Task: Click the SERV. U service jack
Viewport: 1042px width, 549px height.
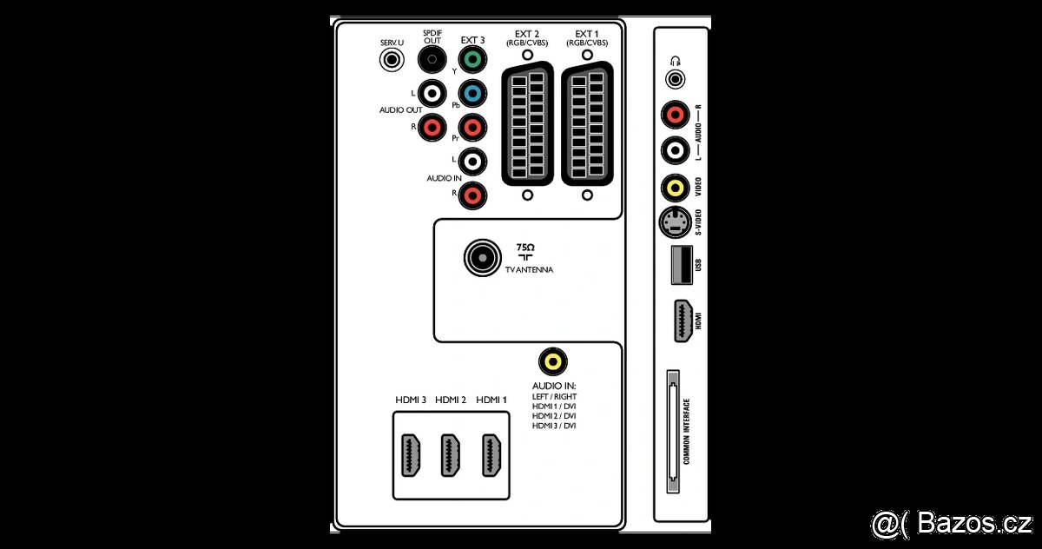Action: click(392, 60)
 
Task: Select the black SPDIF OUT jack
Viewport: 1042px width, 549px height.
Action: click(432, 60)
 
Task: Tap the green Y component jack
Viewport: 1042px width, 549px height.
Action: click(472, 60)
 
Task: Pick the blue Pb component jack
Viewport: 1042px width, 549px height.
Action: click(472, 94)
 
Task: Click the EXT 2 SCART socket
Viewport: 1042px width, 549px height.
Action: click(528, 124)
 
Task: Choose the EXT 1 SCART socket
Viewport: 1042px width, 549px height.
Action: click(588, 124)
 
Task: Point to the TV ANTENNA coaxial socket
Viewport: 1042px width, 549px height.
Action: click(483, 258)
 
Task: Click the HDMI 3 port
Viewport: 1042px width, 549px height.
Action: click(411, 455)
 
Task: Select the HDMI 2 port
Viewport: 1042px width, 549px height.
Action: click(451, 455)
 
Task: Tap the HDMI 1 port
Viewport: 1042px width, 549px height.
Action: click(491, 455)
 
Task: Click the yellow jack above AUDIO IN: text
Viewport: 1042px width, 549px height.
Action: click(553, 361)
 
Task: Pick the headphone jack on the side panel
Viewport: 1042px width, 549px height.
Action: click(676, 79)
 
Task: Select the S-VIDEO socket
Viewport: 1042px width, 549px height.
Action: click(676, 222)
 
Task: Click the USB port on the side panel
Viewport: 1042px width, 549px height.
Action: click(682, 265)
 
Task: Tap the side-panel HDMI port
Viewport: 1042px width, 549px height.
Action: click(683, 321)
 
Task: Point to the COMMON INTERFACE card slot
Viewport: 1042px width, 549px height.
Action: click(673, 431)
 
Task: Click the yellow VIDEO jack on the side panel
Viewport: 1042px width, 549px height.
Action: click(676, 188)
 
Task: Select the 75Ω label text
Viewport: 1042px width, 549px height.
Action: click(525, 248)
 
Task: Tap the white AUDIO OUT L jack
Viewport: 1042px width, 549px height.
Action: click(432, 94)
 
